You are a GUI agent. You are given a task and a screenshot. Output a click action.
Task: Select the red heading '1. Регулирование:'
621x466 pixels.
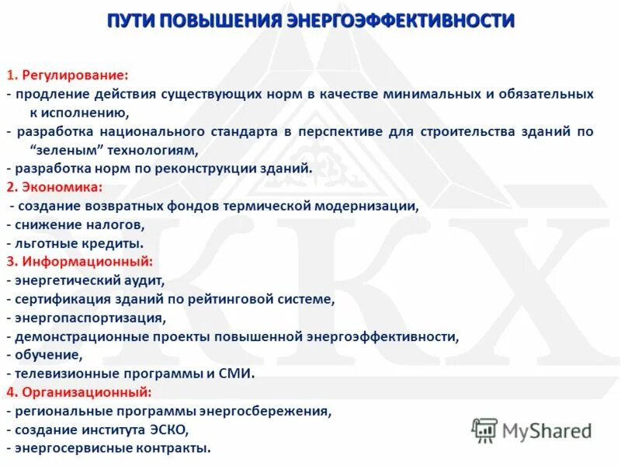tap(68, 75)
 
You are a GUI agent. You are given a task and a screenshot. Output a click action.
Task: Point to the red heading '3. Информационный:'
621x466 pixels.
tap(79, 262)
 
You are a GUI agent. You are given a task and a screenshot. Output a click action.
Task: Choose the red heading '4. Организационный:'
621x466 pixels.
tap(79, 392)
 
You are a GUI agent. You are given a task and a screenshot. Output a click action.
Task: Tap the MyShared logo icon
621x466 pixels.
tap(484, 429)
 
